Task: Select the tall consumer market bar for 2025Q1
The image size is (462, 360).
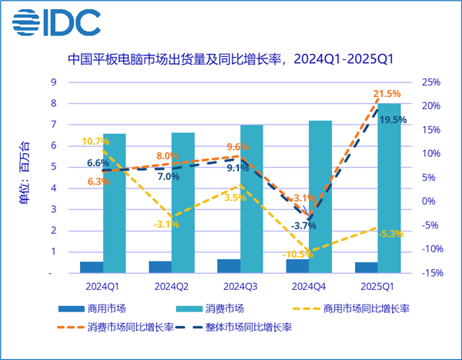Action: [x=389, y=188]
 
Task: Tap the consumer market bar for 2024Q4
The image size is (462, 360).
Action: [x=320, y=196]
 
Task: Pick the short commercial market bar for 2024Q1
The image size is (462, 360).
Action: [x=92, y=267]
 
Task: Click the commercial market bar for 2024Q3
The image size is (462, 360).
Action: [x=229, y=265]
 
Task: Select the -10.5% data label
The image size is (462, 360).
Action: [x=297, y=255]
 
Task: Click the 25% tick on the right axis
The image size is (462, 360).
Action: [x=431, y=82]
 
